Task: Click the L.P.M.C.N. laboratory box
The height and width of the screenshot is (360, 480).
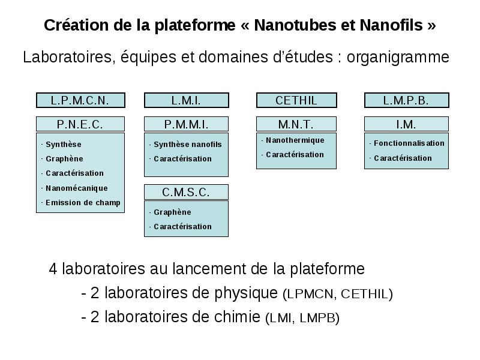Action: (80, 100)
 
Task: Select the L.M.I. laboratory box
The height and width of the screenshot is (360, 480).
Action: (187, 100)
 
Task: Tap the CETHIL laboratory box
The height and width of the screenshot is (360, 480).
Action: (296, 100)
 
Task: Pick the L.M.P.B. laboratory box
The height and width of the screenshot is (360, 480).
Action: (407, 100)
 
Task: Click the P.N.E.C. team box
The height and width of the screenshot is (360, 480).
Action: (80, 124)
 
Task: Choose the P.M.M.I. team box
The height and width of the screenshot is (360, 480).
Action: (186, 124)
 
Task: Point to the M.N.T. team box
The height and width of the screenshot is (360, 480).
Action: (296, 124)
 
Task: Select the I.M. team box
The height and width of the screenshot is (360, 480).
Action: (406, 124)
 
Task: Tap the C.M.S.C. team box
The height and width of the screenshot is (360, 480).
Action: (186, 192)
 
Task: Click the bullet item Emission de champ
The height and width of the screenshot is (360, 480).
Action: (83, 203)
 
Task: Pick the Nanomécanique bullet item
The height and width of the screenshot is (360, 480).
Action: (77, 188)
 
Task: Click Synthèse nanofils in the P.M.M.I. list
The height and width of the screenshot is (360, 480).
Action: (188, 144)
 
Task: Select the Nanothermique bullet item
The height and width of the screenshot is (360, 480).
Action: (295, 140)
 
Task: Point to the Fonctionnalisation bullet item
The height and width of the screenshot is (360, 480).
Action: (409, 143)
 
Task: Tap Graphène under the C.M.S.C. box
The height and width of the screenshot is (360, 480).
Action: (172, 212)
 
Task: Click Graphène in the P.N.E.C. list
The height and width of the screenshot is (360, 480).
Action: (64, 158)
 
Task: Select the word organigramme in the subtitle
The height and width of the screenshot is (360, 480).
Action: (398, 57)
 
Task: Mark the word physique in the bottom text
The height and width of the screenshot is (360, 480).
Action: (246, 293)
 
